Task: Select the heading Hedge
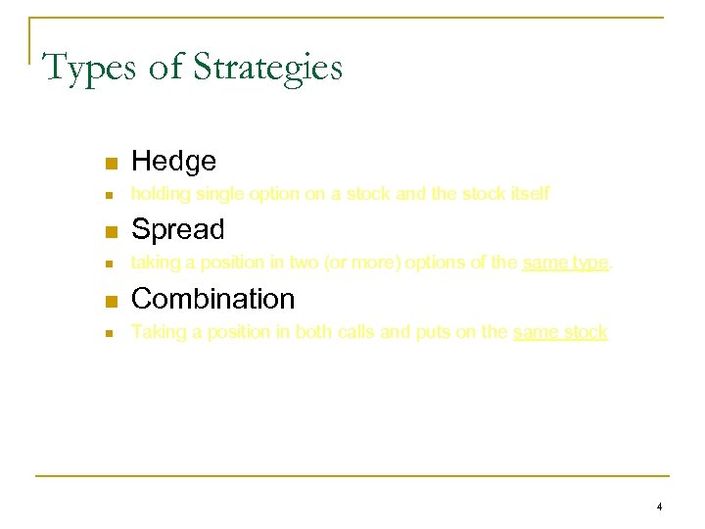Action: click(173, 161)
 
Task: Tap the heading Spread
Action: click(177, 229)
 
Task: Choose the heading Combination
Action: click(212, 298)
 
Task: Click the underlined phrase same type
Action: click(566, 264)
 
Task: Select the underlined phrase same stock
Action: click(560, 332)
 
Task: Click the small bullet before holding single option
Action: click(112, 196)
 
